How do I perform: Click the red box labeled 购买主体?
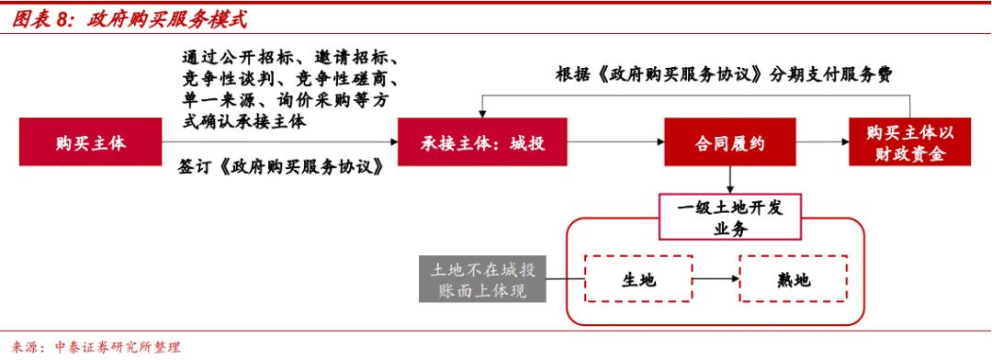point(90,142)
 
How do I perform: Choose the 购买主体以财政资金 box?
point(910,142)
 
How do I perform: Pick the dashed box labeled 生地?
point(639,278)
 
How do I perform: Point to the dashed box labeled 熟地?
point(792,278)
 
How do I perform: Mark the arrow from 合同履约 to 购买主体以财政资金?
point(822,142)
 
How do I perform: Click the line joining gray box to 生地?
point(566,278)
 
